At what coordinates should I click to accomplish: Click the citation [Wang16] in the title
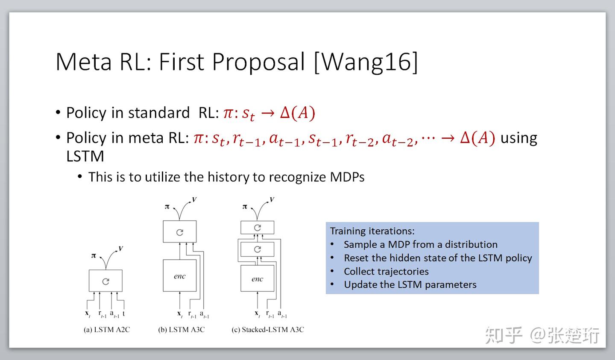(366, 62)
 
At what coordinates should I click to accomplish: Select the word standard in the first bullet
(159, 113)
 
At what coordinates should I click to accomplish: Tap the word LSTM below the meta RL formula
(85, 156)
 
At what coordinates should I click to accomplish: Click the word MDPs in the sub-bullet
(347, 177)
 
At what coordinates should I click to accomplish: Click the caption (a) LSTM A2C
(107, 330)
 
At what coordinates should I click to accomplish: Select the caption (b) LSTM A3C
(182, 330)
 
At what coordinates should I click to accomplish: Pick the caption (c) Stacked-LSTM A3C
(268, 330)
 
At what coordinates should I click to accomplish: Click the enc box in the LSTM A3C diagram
(179, 275)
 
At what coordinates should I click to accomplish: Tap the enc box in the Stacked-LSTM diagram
(257, 278)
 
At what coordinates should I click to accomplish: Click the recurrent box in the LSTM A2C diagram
(105, 281)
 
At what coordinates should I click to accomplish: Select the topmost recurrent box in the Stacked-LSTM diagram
(257, 227)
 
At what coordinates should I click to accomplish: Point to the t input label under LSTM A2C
(124, 313)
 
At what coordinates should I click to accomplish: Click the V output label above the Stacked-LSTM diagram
(272, 199)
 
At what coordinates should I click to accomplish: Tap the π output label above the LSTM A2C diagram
(94, 256)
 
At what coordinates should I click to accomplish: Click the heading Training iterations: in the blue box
(372, 231)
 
